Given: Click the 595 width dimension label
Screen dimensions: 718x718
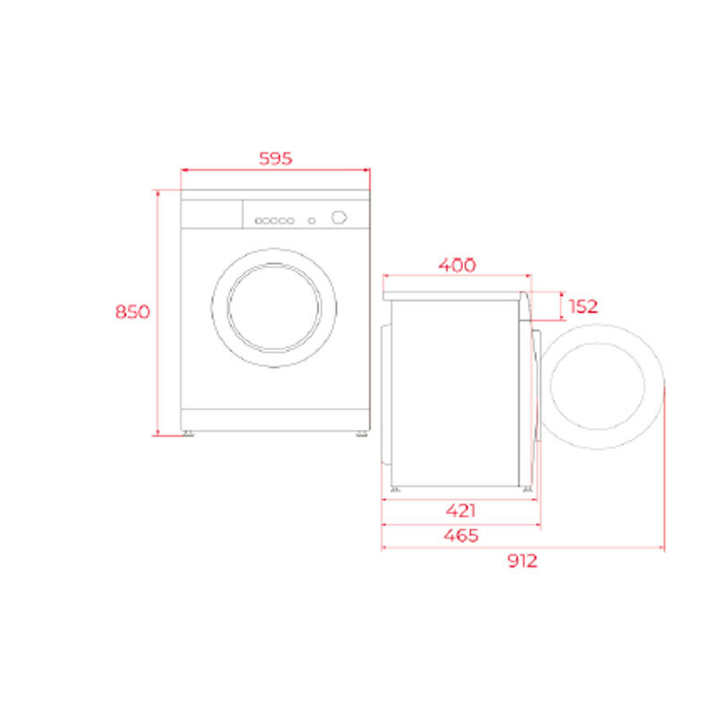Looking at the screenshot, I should coord(276,159).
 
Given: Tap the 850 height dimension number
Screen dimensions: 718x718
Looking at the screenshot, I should coord(132,311).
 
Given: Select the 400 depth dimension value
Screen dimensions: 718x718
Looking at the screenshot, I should coord(457,265).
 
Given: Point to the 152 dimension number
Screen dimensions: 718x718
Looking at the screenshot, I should coord(582,306).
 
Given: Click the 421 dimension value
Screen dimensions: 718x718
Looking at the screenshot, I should coord(460,511).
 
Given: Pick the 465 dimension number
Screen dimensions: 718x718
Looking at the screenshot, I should coord(461,535).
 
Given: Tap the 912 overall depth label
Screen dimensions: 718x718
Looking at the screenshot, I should coord(521,561).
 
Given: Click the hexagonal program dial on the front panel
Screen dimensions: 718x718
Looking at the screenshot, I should coord(338,216).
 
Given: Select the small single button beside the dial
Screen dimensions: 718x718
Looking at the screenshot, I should coord(311,220).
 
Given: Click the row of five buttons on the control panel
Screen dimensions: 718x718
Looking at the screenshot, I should coord(274,220).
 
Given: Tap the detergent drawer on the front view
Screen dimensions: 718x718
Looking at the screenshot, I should coord(212,214).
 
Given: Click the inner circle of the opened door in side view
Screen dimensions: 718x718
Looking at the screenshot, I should coord(596,386).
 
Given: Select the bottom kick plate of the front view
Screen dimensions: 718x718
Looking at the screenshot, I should coord(276,420).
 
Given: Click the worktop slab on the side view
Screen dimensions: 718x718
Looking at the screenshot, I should coord(455,294).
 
